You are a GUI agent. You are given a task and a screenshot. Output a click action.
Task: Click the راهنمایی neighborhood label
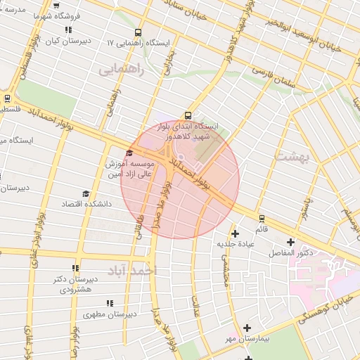pos(121,70)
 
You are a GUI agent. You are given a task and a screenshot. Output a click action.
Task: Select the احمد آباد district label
pos(134,270)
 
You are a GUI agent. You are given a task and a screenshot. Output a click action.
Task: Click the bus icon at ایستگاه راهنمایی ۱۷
pos(137,32)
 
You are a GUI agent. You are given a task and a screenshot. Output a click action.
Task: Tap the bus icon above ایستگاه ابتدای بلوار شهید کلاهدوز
pos(188,115)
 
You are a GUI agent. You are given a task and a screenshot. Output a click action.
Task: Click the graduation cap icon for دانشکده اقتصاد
pos(86,193)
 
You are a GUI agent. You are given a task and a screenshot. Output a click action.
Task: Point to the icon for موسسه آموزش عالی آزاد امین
pos(129,153)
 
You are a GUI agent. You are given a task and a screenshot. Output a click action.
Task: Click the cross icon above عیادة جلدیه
pos(235,233)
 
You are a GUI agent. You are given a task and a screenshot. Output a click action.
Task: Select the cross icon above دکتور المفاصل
pos(290,242)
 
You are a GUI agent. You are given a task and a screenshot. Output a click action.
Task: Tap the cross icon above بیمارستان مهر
pos(247,328)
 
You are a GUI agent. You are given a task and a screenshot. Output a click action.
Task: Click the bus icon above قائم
pos(262,219)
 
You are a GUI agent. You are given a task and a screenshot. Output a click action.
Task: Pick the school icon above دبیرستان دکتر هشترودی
pos(75,268)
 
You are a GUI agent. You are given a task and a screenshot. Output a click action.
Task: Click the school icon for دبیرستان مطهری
pos(109,303)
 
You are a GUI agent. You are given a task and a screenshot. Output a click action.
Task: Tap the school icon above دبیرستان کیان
pos(68,30)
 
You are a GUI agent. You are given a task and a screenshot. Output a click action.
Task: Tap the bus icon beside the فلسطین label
pos(7,98)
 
